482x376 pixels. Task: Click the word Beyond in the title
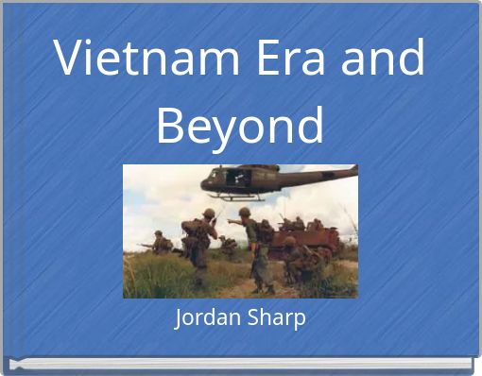pos(240,125)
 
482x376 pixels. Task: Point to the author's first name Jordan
pos(205,318)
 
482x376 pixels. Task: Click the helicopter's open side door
pos(236,178)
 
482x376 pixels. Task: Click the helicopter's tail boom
pos(321,174)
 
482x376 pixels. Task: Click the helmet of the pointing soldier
pos(244,213)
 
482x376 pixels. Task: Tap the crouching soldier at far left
pos(162,244)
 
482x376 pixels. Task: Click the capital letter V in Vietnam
pos(71,59)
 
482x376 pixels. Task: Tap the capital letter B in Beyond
pos(171,125)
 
